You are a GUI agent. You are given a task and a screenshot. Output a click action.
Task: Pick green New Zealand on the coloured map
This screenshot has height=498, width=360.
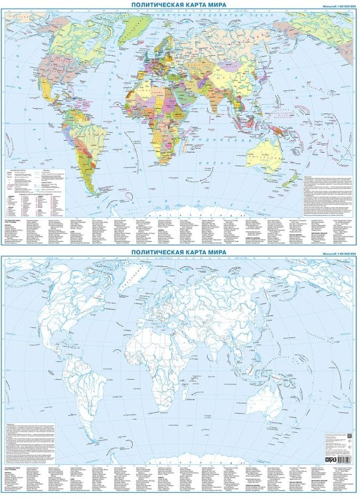[x=290, y=181]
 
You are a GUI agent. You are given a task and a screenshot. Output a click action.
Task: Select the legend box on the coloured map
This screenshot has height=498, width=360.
[x=37, y=193]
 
